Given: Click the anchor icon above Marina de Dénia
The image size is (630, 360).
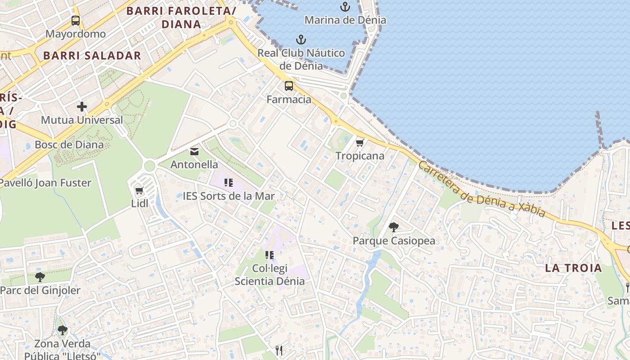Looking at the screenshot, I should [x=345, y=7].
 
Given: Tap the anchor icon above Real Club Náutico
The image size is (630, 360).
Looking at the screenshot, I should [x=301, y=40].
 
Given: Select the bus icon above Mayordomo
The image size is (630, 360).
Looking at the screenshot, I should [x=76, y=20].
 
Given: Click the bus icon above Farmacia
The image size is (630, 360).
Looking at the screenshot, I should [x=288, y=85].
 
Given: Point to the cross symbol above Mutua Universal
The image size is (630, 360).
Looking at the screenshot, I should [x=81, y=107].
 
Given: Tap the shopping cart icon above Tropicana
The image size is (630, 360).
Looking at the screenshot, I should [x=360, y=143].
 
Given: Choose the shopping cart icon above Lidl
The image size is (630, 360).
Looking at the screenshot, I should [x=139, y=190].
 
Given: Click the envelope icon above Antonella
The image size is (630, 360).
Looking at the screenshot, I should [x=194, y=152].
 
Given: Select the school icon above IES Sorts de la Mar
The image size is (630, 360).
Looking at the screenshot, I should [x=229, y=183].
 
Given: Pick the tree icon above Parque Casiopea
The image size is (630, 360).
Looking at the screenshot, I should [x=394, y=227].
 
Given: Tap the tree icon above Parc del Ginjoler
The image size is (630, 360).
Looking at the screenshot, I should [x=40, y=277].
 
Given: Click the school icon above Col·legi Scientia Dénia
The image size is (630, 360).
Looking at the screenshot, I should [x=270, y=255].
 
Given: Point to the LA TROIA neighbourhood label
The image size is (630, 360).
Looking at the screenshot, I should [x=573, y=268].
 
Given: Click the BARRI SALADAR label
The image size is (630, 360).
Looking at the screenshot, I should [x=92, y=56].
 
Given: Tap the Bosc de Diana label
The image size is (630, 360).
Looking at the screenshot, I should [x=69, y=145].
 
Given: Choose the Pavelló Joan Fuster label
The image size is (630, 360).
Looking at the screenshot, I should [x=45, y=183].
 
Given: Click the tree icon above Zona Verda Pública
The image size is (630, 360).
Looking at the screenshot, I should [x=63, y=331].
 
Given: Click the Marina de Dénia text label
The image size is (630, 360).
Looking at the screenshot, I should [x=345, y=20].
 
